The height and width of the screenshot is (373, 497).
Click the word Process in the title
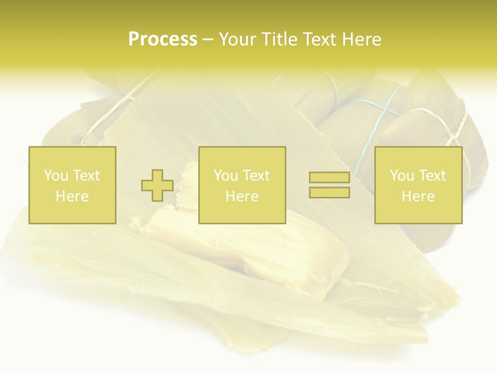tap(163, 39)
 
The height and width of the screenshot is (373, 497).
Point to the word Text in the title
tap(321, 39)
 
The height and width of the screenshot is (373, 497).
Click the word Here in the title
tap(362, 39)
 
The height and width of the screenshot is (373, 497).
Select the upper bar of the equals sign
tap(329, 178)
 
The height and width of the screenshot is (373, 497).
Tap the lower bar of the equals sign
tap(329, 193)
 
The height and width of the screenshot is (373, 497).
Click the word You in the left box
tap(56, 176)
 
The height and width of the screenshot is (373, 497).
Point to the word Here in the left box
tap(72, 196)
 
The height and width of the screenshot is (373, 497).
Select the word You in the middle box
tap(226, 176)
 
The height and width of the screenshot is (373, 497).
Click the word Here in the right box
tap(418, 196)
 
